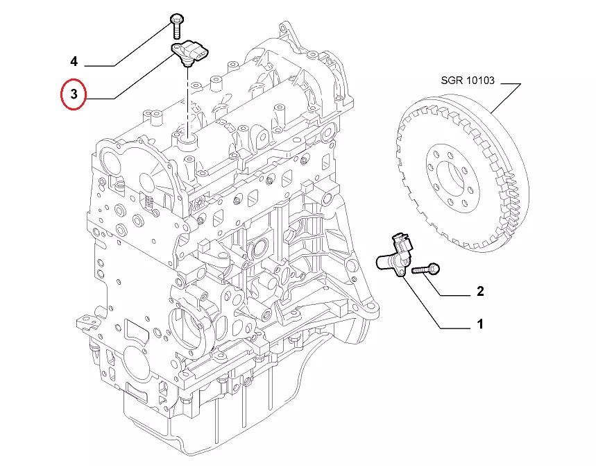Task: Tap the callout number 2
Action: coord(479,291)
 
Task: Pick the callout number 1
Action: coord(479,324)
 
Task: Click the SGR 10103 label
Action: coord(467,81)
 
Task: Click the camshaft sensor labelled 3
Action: coord(191,52)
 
